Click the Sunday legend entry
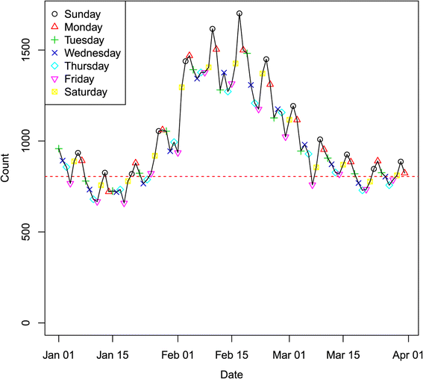point(84,14)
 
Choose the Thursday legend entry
point(87,66)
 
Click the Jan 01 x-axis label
point(59,355)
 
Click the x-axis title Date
point(230,372)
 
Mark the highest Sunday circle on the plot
point(239,13)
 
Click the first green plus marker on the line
point(59,148)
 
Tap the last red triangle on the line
point(404,172)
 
